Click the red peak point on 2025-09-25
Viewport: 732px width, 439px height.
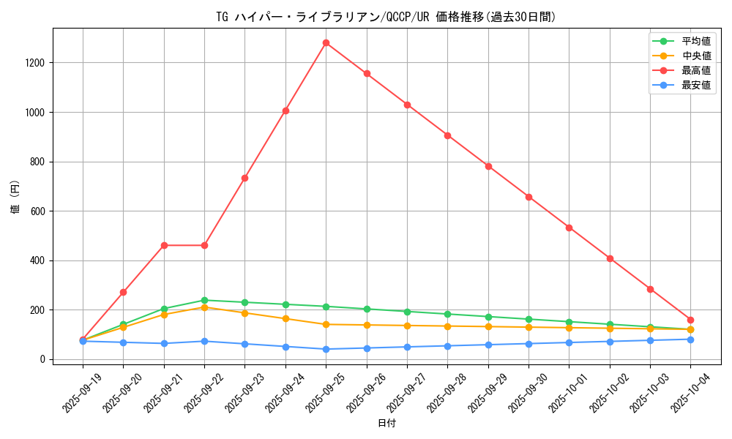click(326, 42)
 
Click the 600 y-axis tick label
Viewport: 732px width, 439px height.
click(37, 211)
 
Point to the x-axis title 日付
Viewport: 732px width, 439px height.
click(386, 424)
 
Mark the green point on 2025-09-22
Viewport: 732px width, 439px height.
click(204, 300)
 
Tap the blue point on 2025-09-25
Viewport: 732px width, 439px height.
click(326, 349)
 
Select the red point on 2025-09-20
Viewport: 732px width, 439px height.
click(123, 292)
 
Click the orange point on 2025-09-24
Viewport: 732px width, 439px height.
click(285, 318)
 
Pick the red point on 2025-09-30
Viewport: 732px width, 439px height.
click(529, 197)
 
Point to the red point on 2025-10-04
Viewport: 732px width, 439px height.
click(690, 320)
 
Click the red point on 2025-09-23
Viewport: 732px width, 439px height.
click(244, 178)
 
